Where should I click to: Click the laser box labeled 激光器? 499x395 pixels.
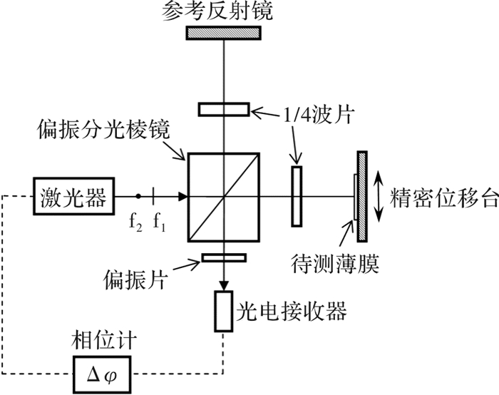tap(74, 196)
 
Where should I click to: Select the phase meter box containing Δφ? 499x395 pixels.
tap(102, 375)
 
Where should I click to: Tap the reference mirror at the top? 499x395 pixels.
tap(224, 33)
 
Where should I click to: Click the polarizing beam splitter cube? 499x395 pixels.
tap(224, 197)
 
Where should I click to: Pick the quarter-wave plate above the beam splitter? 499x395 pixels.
tap(224, 109)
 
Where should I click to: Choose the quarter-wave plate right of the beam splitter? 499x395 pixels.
tap(297, 196)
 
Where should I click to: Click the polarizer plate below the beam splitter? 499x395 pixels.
tap(224, 257)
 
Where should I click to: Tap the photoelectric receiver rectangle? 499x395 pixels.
tap(224, 311)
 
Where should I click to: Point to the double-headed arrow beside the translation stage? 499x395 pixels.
tap(378, 196)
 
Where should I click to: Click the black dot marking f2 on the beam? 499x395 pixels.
tap(138, 196)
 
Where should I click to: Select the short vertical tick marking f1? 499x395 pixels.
tap(153, 196)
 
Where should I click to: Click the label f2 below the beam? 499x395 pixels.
tap(136, 222)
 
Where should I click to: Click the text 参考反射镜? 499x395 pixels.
tap(217, 12)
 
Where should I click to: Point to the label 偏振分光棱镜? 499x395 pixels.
tap(104, 130)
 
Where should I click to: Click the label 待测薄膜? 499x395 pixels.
tap(335, 265)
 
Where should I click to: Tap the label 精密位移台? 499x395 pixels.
tap(444, 197)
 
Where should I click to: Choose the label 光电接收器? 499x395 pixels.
tap(291, 311)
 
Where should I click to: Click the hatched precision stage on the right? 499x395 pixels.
tap(362, 196)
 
